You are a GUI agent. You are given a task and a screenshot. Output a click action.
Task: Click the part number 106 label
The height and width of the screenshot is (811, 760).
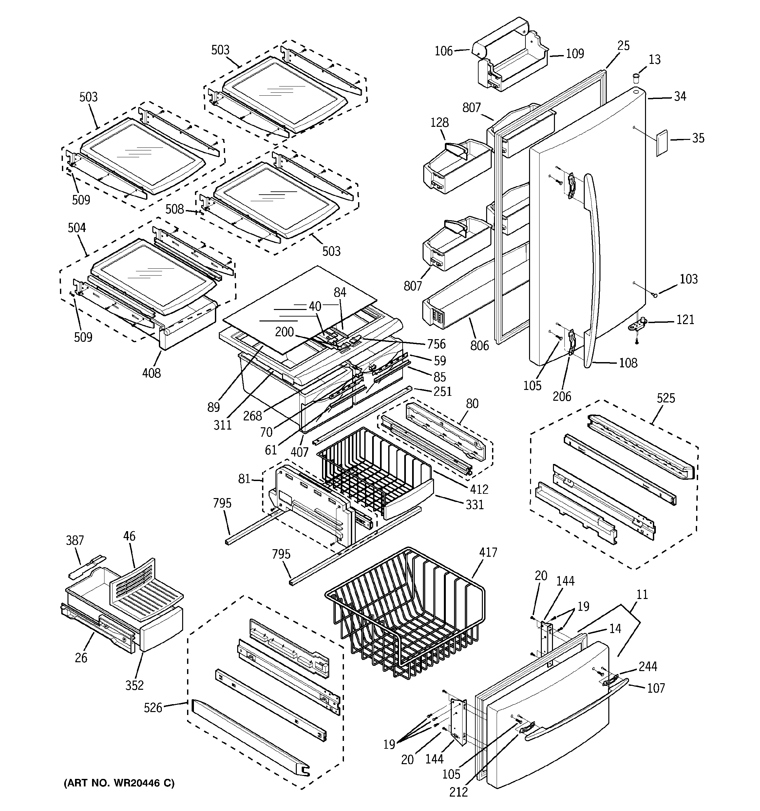coord(444,51)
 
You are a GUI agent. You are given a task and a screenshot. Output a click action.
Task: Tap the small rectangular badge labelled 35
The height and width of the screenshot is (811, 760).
coord(661,143)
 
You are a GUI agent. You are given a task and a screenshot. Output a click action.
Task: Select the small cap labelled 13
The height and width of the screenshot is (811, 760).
coord(636,77)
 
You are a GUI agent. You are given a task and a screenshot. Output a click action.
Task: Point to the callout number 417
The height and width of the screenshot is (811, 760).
coord(488,552)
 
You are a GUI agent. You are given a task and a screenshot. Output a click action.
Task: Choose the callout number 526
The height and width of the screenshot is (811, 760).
coord(153,708)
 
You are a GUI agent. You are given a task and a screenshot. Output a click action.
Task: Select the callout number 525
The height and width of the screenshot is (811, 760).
coord(666,398)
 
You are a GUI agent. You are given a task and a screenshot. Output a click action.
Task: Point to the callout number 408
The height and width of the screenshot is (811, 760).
coord(151,373)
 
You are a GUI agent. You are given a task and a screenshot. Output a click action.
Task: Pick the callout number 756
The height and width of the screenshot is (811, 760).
coord(436,344)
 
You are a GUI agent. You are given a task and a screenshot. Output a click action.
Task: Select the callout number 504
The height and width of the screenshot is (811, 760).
coord(77,228)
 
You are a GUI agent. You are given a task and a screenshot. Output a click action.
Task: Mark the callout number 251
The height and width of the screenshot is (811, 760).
coord(443,391)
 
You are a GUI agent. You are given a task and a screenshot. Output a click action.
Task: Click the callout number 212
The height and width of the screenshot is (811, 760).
coord(459,791)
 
